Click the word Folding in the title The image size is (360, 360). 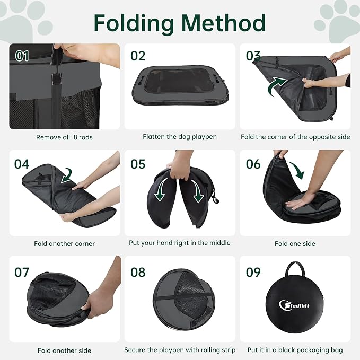coord(134,24)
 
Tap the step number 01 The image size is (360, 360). coord(22,56)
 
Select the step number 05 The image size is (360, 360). coord(138,164)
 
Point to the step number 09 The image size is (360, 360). coord(253,273)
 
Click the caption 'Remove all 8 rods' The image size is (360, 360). coord(64,137)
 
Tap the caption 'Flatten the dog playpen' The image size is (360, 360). coord(180,137)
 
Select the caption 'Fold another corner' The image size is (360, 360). coord(64,243)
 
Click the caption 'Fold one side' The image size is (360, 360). coord(295,243)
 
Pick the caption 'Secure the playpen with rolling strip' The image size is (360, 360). coord(180,350)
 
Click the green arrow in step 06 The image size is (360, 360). coord(297,170)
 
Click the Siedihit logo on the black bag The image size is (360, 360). coord(294,305)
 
